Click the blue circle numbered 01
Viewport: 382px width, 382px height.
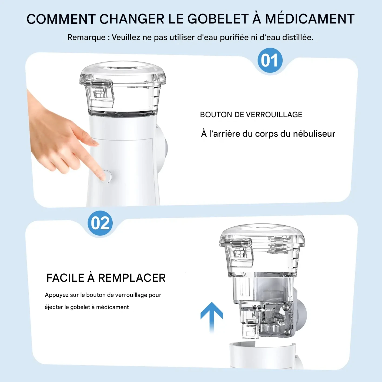click(x=270, y=60)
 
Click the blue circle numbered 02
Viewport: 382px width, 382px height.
click(x=100, y=223)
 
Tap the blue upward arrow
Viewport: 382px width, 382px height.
click(x=212, y=316)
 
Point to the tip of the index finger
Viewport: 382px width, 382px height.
click(x=102, y=177)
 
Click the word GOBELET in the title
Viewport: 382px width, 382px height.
click(x=218, y=19)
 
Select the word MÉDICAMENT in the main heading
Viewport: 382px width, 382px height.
click(x=310, y=19)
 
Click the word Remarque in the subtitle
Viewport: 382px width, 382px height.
click(x=86, y=37)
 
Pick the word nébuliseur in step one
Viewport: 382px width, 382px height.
click(x=314, y=134)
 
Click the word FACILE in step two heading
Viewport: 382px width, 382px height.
click(x=65, y=278)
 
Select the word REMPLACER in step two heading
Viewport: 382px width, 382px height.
click(x=132, y=278)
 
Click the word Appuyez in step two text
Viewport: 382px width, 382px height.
click(x=57, y=295)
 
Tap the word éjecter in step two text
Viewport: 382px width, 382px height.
click(x=53, y=307)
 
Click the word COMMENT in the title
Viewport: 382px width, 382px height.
click(x=61, y=19)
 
